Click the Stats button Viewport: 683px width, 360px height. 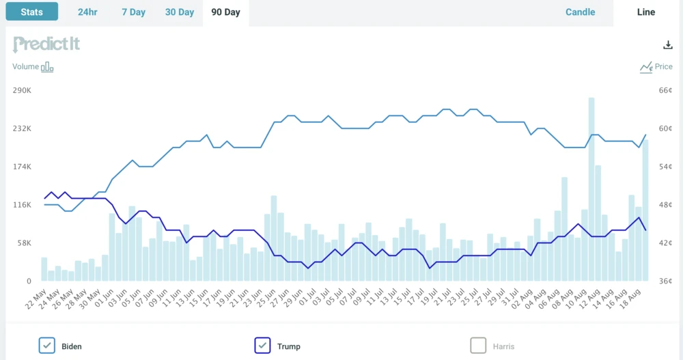pos(31,12)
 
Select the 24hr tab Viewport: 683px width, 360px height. pos(87,12)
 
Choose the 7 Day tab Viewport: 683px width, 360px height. pos(133,12)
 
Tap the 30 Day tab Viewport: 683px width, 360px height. pos(180,12)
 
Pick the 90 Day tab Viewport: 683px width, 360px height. pos(225,12)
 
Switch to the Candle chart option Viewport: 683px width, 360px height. pos(580,12)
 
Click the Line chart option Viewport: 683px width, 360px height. pos(645,12)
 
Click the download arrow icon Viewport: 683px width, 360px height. pos(668,45)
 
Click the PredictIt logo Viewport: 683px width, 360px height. pos(46,44)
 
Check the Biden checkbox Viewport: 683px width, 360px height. pos(47,346)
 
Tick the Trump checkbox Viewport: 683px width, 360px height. pos(263,346)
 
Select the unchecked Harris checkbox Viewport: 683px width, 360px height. pos(478,346)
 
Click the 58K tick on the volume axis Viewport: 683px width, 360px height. pos(24,243)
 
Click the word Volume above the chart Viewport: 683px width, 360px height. pos(26,67)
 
